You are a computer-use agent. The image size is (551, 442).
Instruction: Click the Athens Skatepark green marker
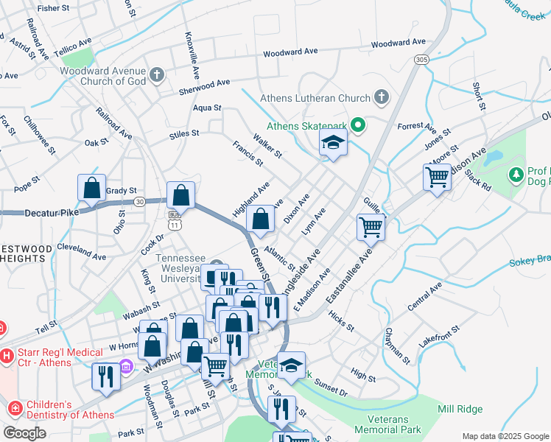point(359,125)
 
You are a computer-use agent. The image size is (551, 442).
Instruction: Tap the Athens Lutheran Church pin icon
point(381,97)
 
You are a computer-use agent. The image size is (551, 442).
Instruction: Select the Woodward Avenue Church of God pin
point(157,74)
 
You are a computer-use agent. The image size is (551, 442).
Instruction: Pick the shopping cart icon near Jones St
point(437,177)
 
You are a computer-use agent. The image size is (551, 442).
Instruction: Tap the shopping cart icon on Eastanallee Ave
point(371,226)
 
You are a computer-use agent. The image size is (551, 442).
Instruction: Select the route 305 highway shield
point(421,59)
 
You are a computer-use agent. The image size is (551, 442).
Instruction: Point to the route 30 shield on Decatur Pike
point(139,200)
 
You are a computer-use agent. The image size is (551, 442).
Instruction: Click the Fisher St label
point(52,8)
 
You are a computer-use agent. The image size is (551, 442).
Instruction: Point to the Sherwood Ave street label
point(205,88)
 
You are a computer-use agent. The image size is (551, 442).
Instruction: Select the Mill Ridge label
point(460,410)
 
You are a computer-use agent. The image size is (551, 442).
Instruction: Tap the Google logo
point(24,433)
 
